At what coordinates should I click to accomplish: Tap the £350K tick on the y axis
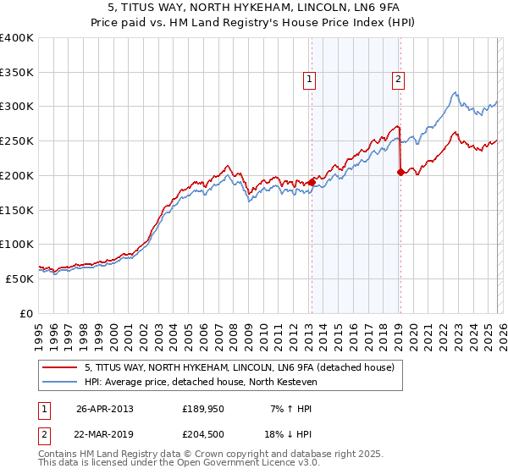click(17, 73)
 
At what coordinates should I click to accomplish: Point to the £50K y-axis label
click(19, 278)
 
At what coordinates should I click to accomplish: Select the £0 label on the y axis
click(26, 313)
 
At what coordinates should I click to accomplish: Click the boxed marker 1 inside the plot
click(309, 80)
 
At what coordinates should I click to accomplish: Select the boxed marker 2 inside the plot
click(397, 80)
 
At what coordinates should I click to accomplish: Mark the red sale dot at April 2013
click(312, 182)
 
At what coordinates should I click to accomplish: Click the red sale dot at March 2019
click(400, 172)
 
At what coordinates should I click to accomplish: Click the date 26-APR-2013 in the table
click(104, 409)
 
